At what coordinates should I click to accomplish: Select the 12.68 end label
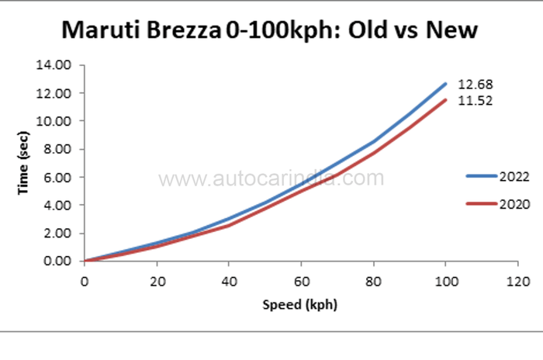[x=475, y=84]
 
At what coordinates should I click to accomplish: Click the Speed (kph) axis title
[x=301, y=304]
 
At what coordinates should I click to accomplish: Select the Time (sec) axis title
[x=25, y=163]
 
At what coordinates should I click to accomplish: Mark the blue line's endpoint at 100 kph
[x=445, y=83]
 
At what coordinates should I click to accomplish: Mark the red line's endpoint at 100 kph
[x=445, y=99]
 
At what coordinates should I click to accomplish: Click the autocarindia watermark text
[x=271, y=179]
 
